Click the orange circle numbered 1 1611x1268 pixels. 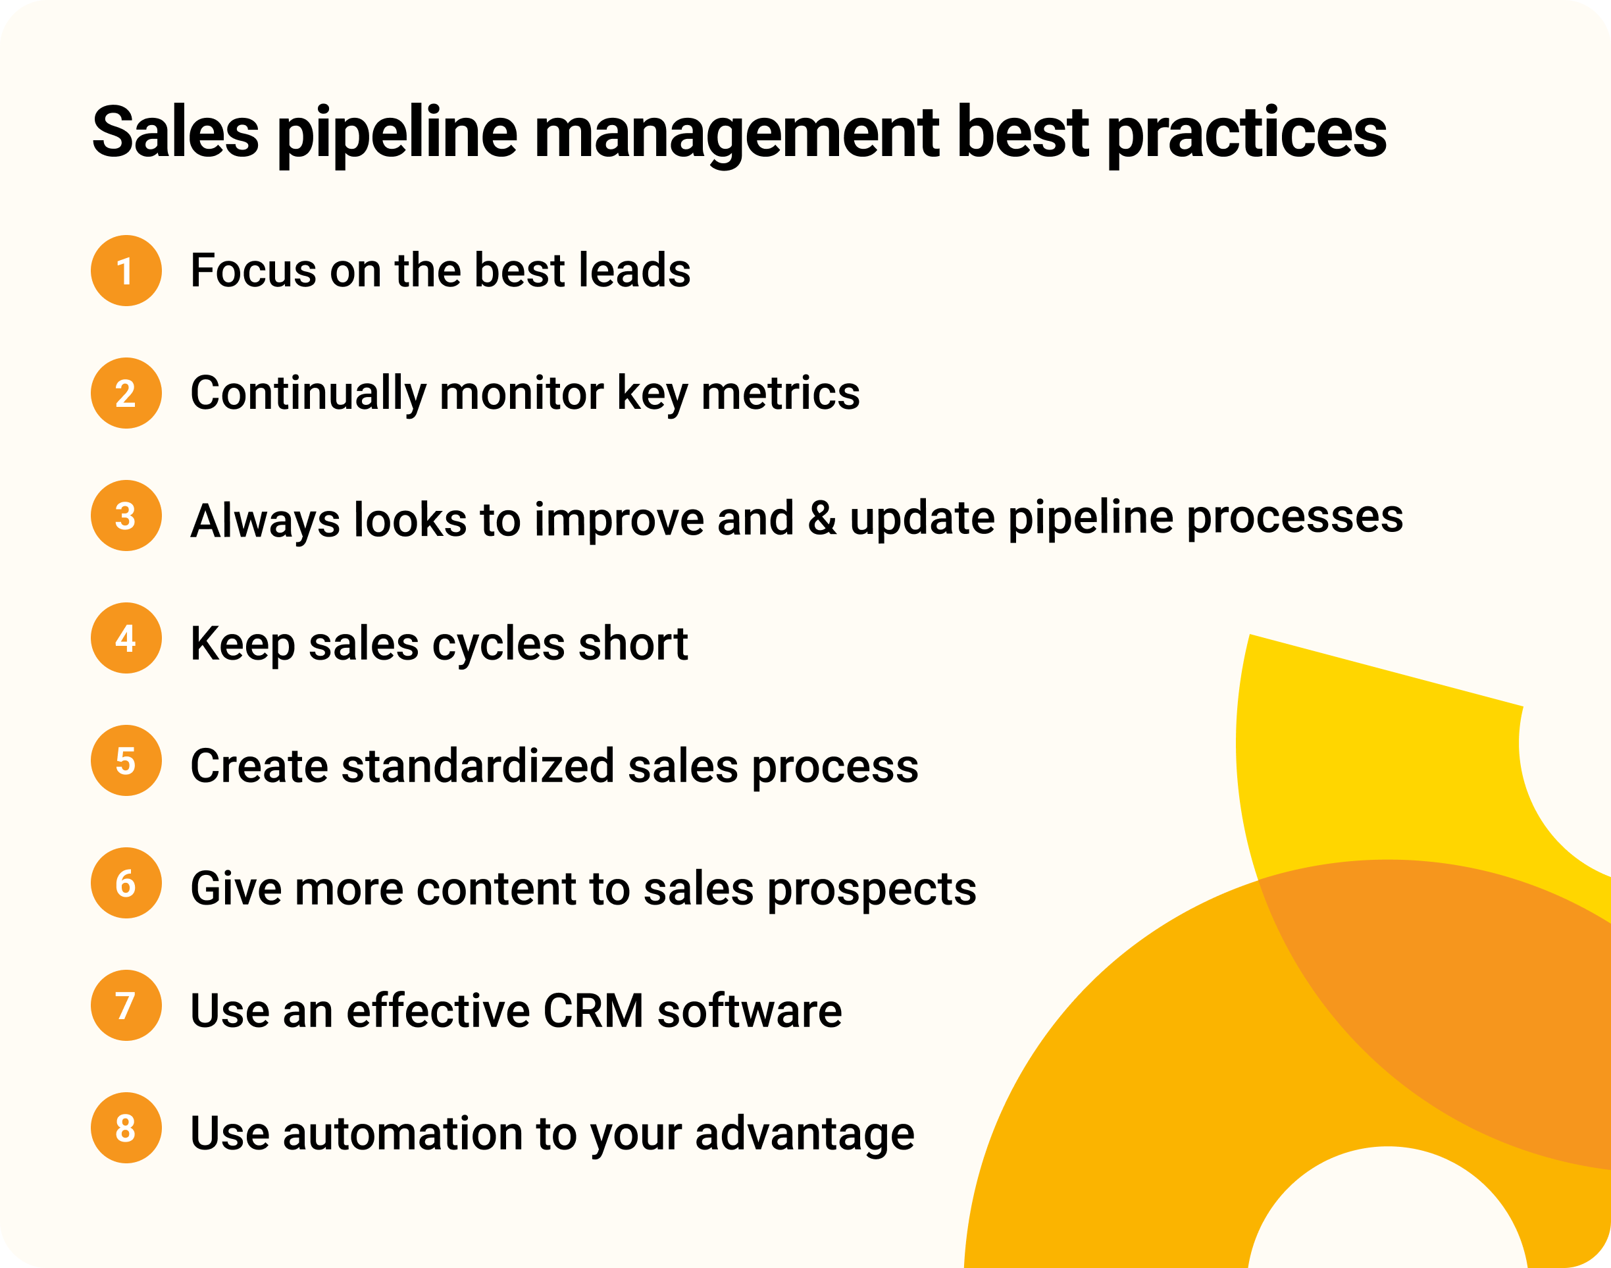(126, 270)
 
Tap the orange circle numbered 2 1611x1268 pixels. (126, 393)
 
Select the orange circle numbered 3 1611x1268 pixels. (126, 515)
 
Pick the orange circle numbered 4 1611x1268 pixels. (126, 638)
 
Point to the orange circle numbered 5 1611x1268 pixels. (126, 760)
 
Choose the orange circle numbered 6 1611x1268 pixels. (126, 883)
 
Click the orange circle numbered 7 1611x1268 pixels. (126, 1005)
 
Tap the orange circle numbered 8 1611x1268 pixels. (126, 1128)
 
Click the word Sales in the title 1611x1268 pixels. (176, 132)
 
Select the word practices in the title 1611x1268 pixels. (1246, 134)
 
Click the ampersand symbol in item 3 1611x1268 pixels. (821, 517)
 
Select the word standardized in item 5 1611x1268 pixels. (477, 766)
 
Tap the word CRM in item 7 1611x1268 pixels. (593, 1011)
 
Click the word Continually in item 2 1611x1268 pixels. (308, 394)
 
